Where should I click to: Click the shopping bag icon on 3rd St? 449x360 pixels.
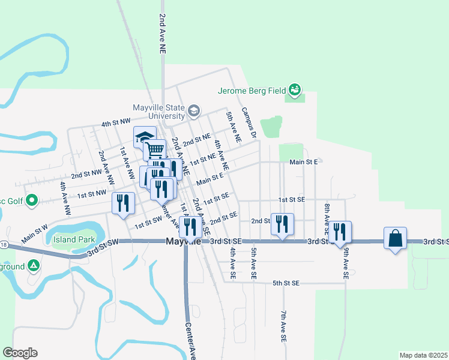coord(396,238)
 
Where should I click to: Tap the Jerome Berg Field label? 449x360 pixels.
coord(251,91)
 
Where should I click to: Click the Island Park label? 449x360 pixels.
coord(73,239)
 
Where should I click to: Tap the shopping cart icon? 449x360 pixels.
coord(155,149)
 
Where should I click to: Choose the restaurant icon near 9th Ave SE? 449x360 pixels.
coord(340,232)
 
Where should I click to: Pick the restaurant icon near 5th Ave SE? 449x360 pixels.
coord(282,224)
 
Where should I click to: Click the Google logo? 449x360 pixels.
coord(20,353)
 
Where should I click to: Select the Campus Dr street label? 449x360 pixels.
coord(249,121)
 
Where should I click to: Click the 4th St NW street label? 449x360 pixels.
coord(115,123)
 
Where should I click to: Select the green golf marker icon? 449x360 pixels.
coord(32,200)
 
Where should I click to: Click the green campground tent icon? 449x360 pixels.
coord(34,265)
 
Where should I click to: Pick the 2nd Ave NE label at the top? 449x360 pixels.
coord(162,35)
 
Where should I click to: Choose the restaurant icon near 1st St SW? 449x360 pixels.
coord(123,203)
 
